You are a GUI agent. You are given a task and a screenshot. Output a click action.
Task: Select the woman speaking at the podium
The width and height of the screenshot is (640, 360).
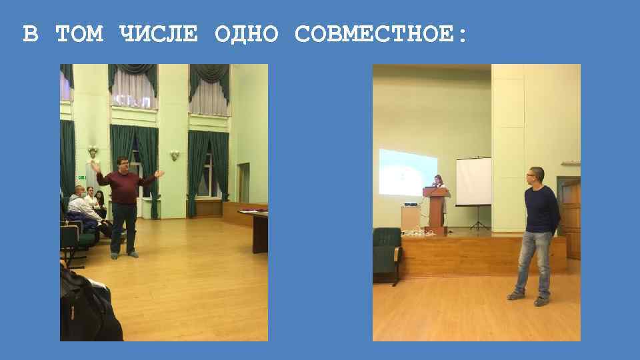[x=438, y=183]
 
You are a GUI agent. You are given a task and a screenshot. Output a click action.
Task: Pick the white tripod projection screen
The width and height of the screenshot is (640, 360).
[x=474, y=181]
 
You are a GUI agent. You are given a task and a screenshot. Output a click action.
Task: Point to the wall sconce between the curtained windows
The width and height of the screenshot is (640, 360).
[x=174, y=155]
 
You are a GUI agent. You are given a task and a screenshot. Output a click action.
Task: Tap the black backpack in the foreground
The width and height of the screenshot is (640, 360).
[x=87, y=307]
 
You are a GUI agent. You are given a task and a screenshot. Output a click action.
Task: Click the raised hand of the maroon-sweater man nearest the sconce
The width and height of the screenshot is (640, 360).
[x=159, y=173]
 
